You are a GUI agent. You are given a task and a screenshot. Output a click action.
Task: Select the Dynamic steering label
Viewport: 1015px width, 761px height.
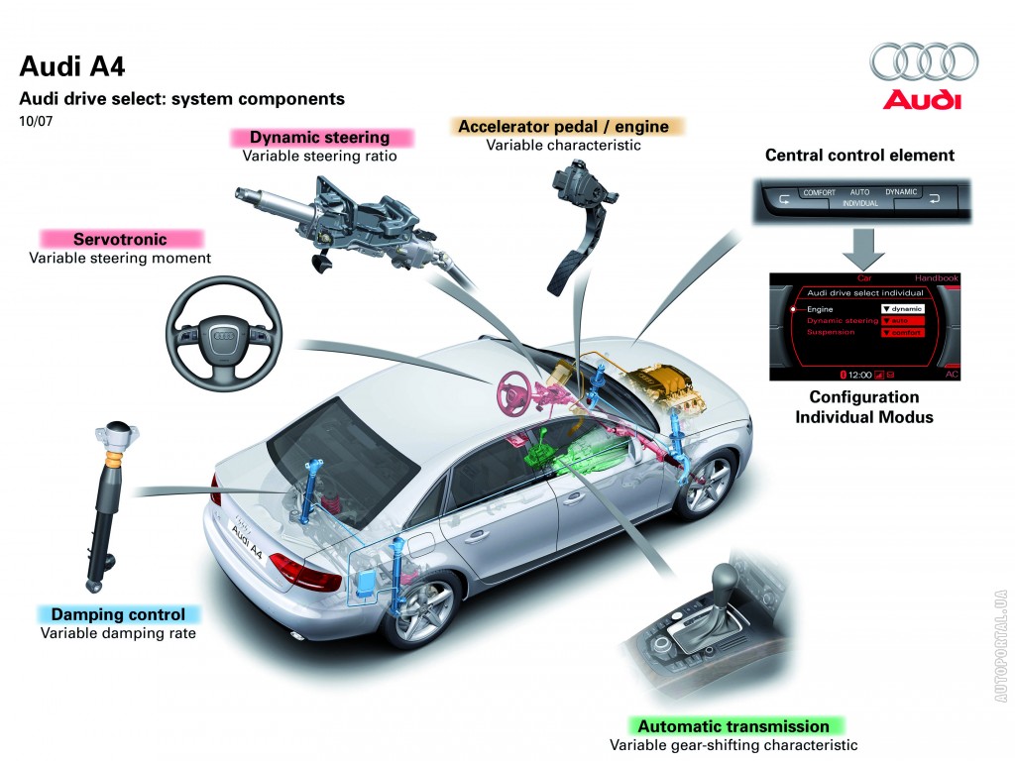319,138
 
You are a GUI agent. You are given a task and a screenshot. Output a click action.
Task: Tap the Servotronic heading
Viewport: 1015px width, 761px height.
120,239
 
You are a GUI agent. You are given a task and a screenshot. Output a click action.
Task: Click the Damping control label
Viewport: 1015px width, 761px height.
118,614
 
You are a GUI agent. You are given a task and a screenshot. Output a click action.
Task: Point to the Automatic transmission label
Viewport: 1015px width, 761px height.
733,726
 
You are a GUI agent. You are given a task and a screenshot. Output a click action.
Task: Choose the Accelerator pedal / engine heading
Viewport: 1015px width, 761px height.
563,127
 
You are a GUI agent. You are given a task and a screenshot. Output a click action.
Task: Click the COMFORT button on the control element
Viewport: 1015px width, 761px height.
820,192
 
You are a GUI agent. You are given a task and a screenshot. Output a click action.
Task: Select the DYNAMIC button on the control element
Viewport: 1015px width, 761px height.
901,191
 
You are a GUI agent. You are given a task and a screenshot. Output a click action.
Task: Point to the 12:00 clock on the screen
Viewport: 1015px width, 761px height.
859,376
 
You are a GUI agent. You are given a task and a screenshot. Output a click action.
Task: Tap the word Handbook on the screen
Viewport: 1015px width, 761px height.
937,278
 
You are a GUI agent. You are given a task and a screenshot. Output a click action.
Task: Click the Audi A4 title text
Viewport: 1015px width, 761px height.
72,67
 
